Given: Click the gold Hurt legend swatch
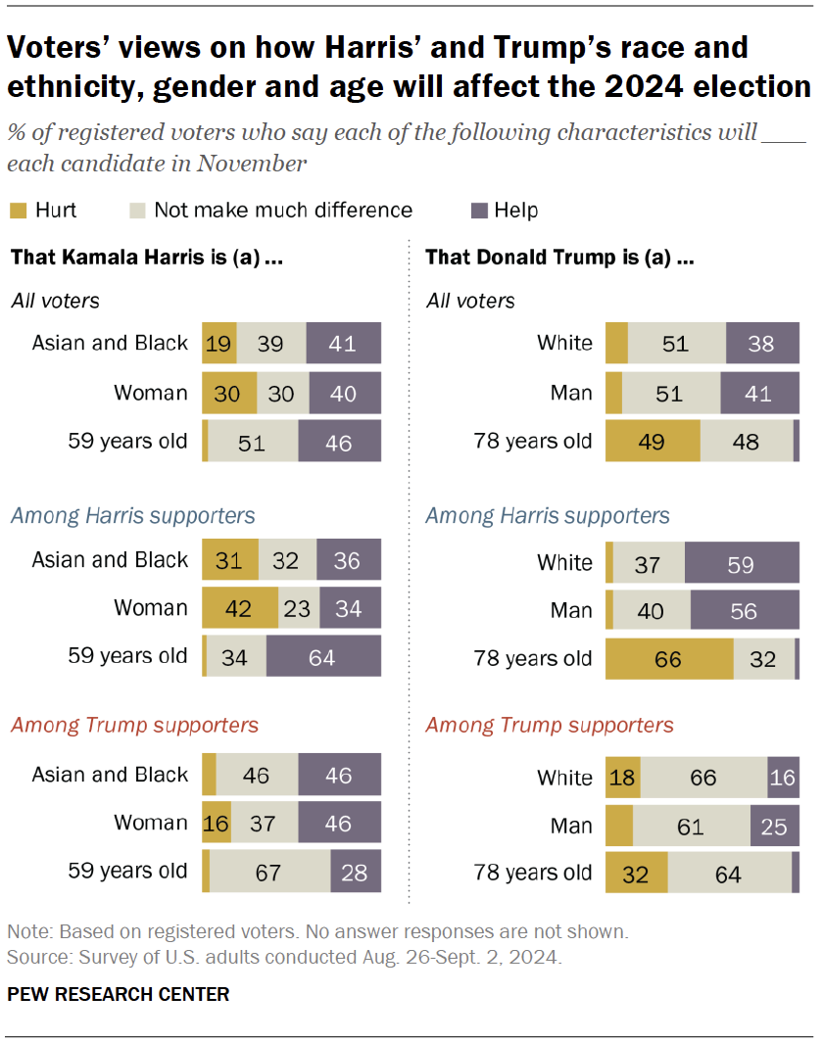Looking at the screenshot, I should (x=18, y=211).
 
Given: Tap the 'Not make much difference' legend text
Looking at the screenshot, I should (x=283, y=211).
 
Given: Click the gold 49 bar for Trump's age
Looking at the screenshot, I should (x=653, y=441).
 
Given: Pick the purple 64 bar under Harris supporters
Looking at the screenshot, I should (x=322, y=655).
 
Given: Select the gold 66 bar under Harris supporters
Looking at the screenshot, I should (x=669, y=658).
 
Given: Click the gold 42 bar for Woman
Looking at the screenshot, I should (x=240, y=608).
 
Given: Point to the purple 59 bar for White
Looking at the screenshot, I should (x=741, y=563).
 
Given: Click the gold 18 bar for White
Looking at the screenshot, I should (x=623, y=778).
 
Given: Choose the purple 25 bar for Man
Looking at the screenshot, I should (x=774, y=826).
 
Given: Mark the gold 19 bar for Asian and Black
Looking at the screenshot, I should (x=219, y=343).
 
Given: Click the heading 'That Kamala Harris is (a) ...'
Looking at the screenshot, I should (x=147, y=260).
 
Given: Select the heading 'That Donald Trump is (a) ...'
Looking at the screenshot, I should (x=560, y=260).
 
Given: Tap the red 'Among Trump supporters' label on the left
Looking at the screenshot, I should (x=134, y=725).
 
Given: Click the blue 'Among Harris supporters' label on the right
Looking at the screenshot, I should (x=548, y=515).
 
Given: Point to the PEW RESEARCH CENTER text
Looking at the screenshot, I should (x=118, y=994).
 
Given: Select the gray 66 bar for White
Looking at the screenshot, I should (x=703, y=778).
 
